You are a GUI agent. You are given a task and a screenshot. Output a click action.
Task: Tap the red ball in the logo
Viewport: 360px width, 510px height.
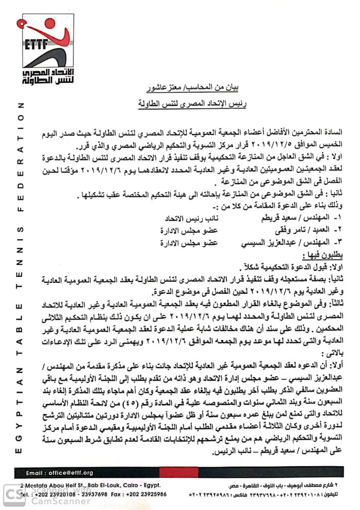50,22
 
